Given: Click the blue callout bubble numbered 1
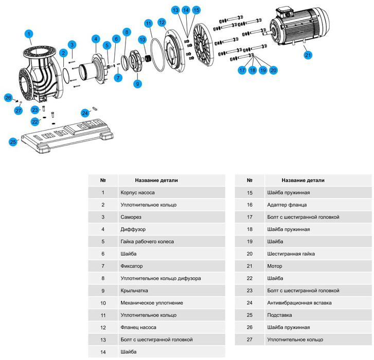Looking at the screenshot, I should pyautogui.click(x=29, y=34).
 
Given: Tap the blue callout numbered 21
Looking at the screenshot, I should pyautogui.click(x=307, y=55).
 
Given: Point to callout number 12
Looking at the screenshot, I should pyautogui.click(x=162, y=22).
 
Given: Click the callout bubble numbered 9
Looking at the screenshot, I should pyautogui.click(x=137, y=83).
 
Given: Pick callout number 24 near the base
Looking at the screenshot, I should pyautogui.click(x=85, y=113).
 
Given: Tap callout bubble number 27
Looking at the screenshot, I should pyautogui.click(x=19, y=110).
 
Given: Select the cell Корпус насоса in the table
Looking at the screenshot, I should pyautogui.click(x=137, y=192).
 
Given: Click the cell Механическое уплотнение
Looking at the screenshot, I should pyautogui.click(x=152, y=303).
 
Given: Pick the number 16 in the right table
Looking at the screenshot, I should pyautogui.click(x=250, y=205).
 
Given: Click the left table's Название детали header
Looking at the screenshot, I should pyautogui.click(x=156, y=181).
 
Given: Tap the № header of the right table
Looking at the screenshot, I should pyautogui.click(x=250, y=181).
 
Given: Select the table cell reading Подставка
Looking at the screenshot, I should pyautogui.click(x=279, y=315).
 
